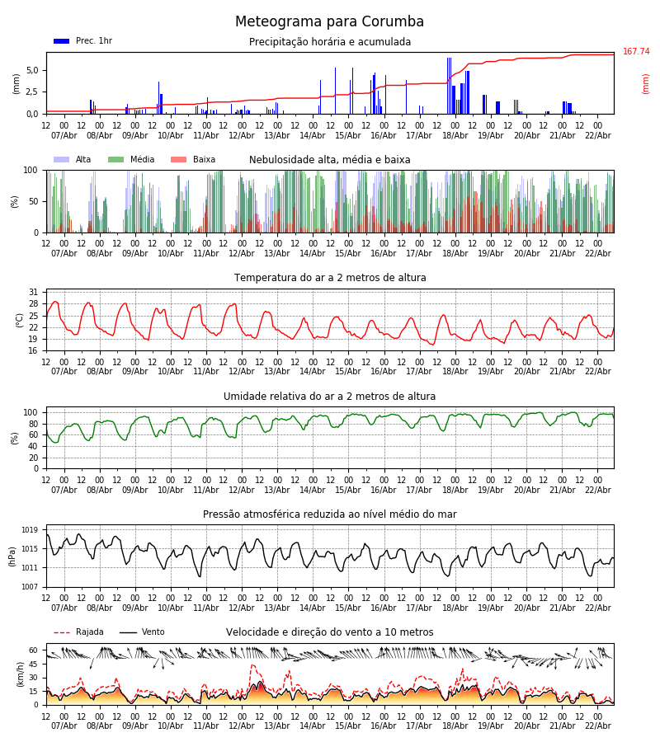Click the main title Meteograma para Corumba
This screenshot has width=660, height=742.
coord(329,22)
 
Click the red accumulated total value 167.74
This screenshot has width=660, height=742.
coord(636,52)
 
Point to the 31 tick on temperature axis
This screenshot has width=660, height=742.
coord(33,293)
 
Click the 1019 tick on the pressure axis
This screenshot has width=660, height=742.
coord(30,530)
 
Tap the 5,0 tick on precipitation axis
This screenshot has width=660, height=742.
coord(31,70)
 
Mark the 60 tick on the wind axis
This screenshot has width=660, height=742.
coord(33,650)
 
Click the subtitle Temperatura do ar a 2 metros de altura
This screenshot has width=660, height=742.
coord(330,279)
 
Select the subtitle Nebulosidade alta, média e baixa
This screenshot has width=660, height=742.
coord(329,161)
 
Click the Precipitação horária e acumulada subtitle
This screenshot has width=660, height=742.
coord(330,43)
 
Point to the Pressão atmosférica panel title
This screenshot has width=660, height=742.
coord(329,514)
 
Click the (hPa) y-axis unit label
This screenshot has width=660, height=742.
coord(12,556)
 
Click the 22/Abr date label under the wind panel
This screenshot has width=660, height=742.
coord(597,726)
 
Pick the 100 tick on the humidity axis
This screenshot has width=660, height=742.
coord(31,412)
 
